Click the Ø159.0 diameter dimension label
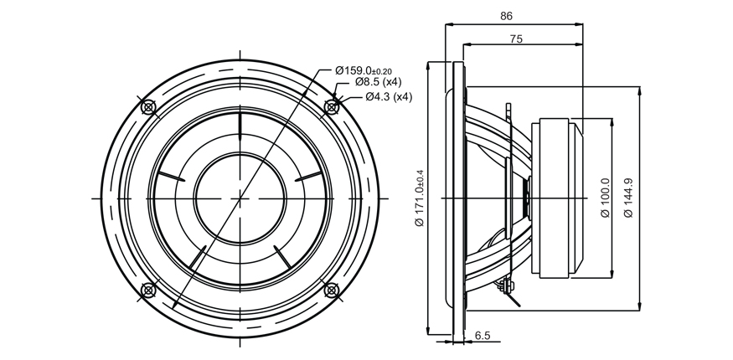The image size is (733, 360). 364,70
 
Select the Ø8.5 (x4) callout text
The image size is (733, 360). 378,82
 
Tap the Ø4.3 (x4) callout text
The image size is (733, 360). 389,96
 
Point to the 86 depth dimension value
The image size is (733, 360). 506,16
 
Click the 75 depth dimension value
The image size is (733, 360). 516,39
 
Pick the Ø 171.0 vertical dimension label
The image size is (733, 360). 420,198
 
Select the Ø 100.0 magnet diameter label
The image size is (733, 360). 605,198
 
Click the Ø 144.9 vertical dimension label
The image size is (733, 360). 629,198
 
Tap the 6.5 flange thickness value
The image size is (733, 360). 483,336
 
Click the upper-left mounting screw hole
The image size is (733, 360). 148,107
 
